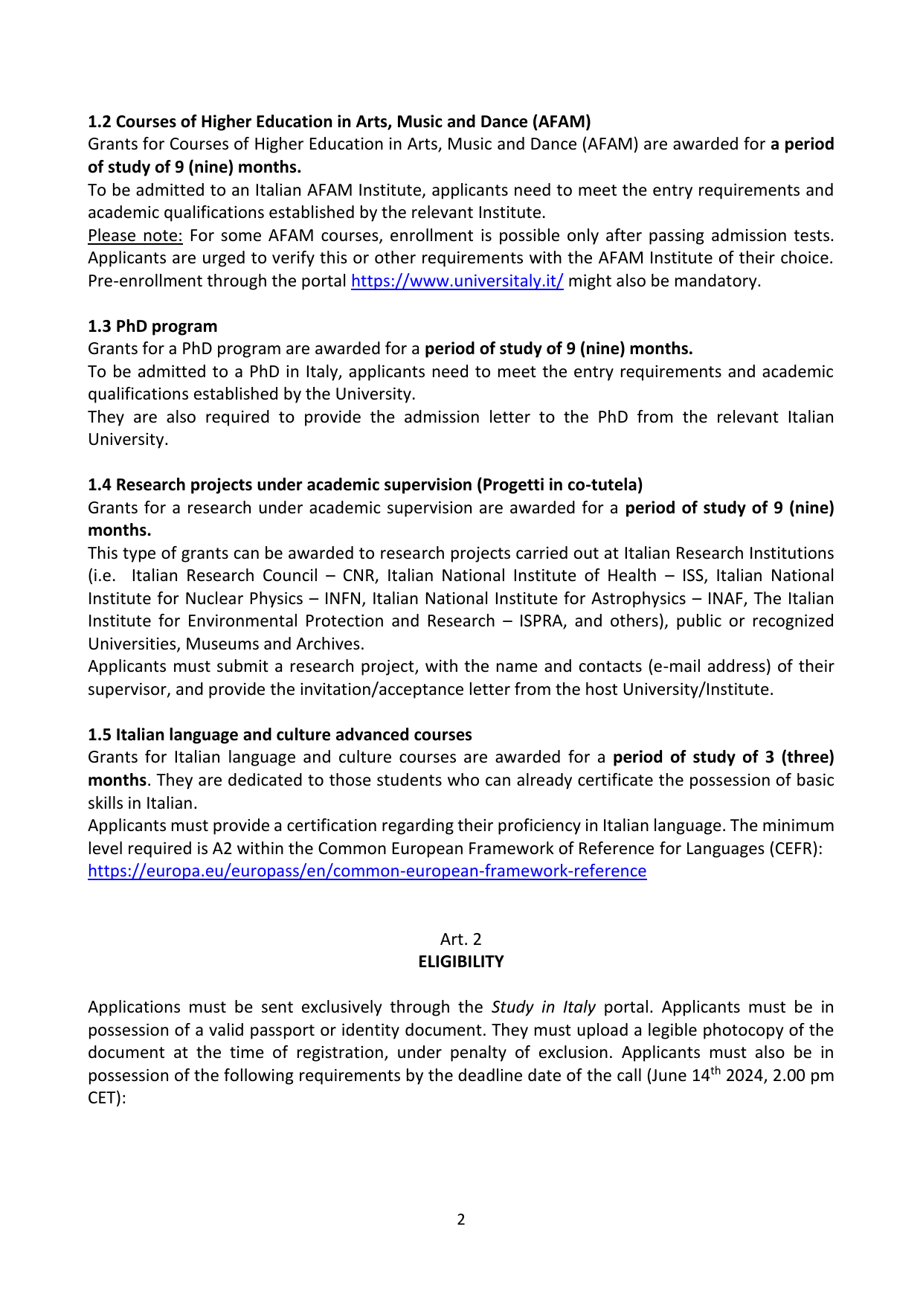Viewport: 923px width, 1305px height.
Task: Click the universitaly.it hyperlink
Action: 457,281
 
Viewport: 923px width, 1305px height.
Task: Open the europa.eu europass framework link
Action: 367,871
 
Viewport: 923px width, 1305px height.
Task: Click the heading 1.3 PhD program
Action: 152,327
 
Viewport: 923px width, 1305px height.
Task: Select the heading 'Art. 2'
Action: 460,940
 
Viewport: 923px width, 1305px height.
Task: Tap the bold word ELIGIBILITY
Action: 460,962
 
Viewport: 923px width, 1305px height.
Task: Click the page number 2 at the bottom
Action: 461,1219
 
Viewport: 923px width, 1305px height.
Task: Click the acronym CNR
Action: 358,576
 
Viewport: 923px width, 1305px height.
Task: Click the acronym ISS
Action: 693,576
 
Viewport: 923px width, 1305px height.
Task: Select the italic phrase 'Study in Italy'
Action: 543,1007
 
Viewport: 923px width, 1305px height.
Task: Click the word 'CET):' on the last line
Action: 107,1098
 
